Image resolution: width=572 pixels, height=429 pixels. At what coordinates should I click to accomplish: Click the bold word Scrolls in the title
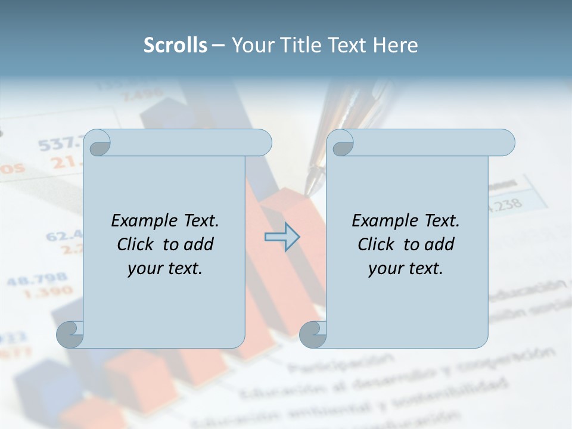[175, 45]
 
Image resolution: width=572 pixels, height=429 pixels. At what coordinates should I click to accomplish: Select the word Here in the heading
[395, 45]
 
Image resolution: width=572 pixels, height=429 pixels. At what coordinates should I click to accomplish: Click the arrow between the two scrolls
[282, 237]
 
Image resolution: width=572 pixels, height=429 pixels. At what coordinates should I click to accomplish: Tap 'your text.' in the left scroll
[165, 269]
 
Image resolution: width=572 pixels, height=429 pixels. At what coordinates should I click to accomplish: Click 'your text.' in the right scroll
[406, 269]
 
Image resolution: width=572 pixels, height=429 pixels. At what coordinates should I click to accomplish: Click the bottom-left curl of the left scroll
[70, 334]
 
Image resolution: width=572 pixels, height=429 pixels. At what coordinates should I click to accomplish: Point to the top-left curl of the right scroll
[341, 143]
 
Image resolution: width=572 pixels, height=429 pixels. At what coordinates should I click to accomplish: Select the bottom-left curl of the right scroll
[313, 334]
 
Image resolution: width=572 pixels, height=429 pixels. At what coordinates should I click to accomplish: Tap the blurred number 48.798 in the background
[37, 279]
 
